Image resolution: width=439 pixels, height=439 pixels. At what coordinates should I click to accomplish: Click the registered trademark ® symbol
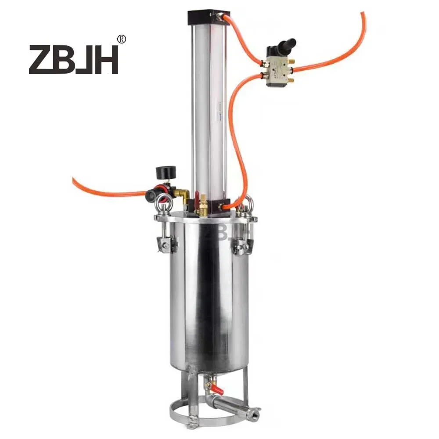[122, 39]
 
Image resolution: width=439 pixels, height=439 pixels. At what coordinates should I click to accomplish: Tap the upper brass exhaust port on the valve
[292, 61]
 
